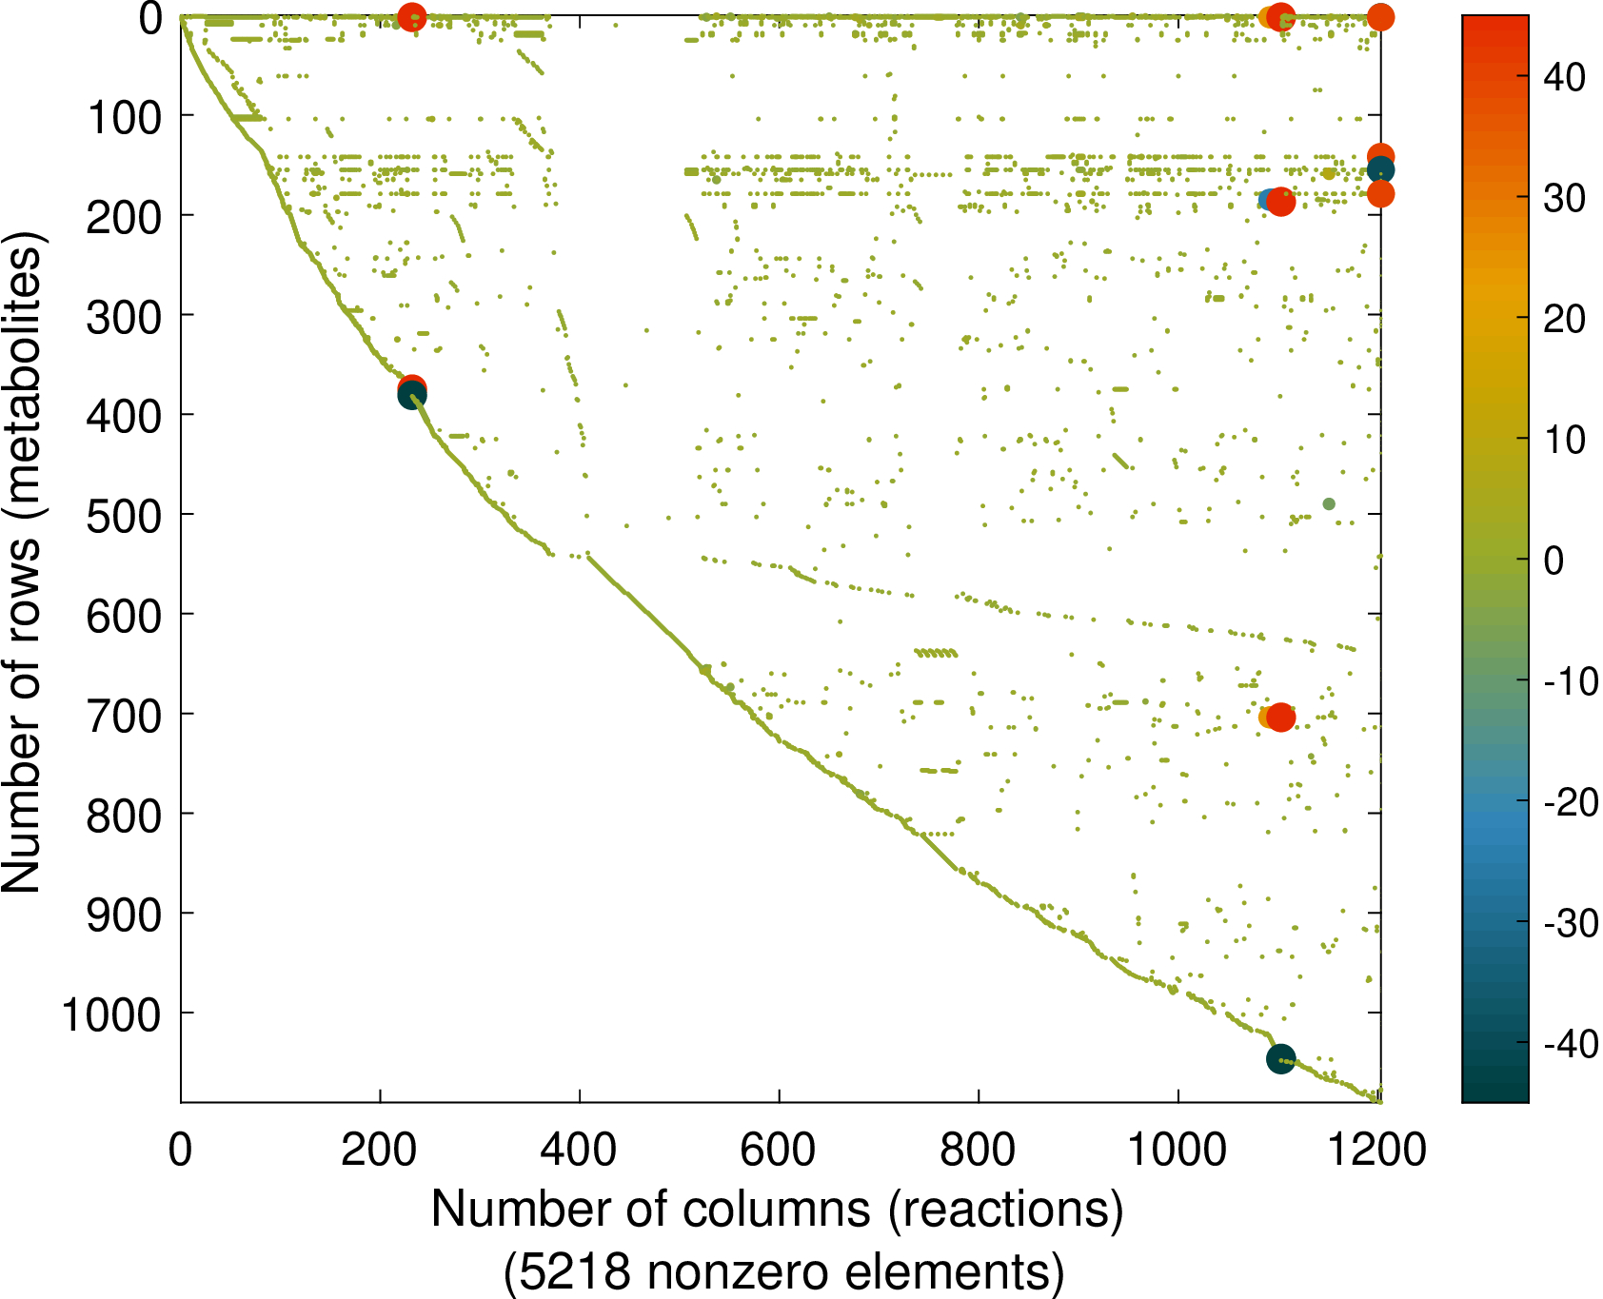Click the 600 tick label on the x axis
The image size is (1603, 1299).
pyautogui.click(x=778, y=1151)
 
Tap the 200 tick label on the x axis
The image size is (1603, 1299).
pyautogui.click(x=379, y=1151)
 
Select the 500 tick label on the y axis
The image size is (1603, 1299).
pyautogui.click(x=124, y=517)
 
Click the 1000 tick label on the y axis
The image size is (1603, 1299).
pyautogui.click(x=111, y=1015)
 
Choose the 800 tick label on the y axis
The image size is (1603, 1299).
pyautogui.click(x=124, y=817)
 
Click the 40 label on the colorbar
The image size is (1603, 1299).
pyautogui.click(x=1564, y=77)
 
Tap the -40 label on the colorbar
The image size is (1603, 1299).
pyautogui.click(x=1571, y=1044)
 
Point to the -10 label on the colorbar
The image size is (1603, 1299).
pyautogui.click(x=1571, y=681)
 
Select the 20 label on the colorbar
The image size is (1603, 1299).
pyautogui.click(x=1564, y=319)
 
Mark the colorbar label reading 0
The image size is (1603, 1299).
pyautogui.click(x=1554, y=561)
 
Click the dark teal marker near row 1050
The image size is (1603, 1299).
pyautogui.click(x=1281, y=1058)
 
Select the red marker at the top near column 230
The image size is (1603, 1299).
pyautogui.click(x=411, y=17)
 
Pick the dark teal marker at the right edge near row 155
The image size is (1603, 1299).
pyautogui.click(x=1380, y=170)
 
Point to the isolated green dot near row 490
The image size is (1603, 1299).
pyautogui.click(x=1329, y=504)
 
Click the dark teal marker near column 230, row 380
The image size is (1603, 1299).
pyautogui.click(x=411, y=396)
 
